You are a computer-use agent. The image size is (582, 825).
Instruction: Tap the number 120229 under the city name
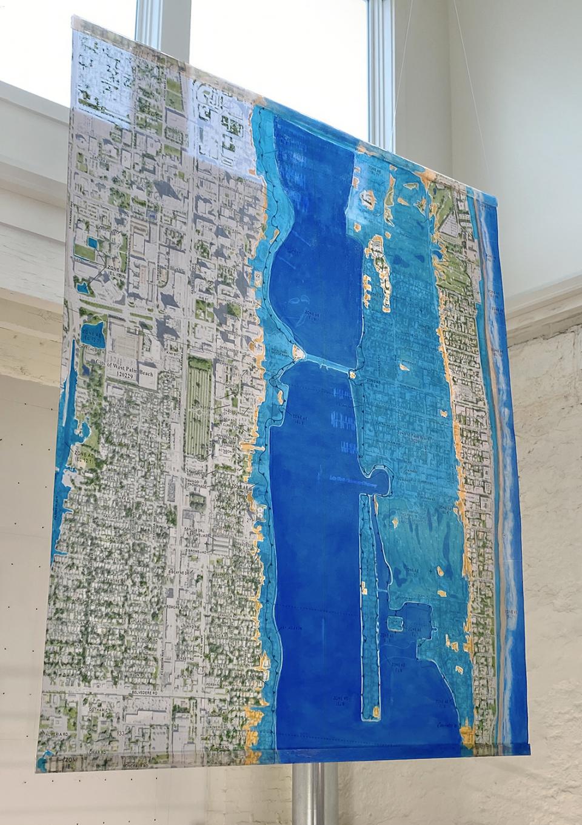pyautogui.click(x=130, y=375)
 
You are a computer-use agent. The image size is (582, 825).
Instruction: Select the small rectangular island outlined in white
pyautogui.click(x=395, y=620)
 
